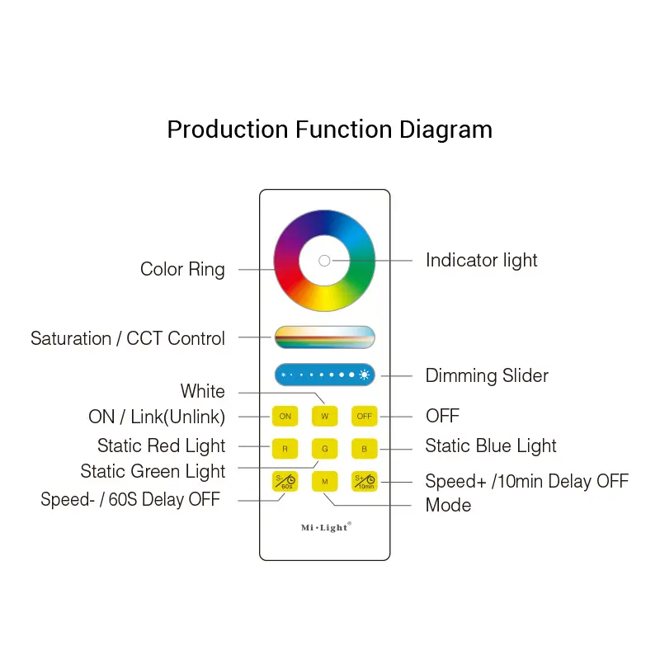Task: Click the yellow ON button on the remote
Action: (x=285, y=417)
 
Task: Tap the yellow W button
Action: (x=324, y=417)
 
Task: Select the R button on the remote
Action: (x=285, y=449)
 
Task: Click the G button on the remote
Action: (x=324, y=449)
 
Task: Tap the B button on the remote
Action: (x=364, y=449)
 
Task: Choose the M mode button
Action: (x=324, y=481)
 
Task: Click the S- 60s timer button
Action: (x=285, y=481)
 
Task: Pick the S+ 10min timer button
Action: (x=364, y=481)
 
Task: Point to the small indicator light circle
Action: (x=324, y=261)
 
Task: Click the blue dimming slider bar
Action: (x=324, y=375)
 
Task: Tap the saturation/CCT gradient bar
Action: (x=324, y=337)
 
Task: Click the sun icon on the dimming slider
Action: (x=365, y=375)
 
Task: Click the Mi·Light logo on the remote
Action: (x=326, y=527)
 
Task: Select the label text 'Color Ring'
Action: (x=182, y=270)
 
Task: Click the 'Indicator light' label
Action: (x=482, y=260)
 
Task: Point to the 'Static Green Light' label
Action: (x=153, y=471)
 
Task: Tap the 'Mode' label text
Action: (x=448, y=505)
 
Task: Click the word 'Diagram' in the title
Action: (x=445, y=130)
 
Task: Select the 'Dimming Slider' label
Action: (x=487, y=375)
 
